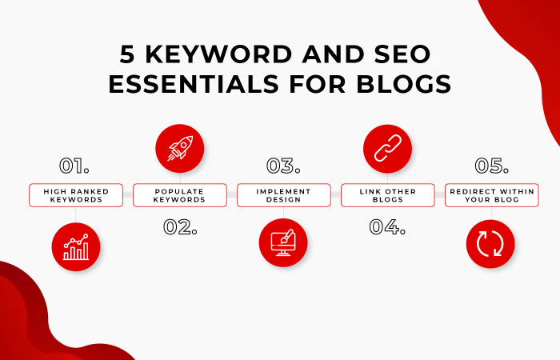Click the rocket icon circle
click(x=179, y=149)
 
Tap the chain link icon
click(x=387, y=149)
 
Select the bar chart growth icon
click(x=75, y=246)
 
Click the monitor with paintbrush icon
click(x=283, y=243)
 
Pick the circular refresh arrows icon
click(x=490, y=244)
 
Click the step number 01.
click(x=74, y=166)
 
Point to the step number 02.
click(x=180, y=226)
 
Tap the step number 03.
click(x=283, y=166)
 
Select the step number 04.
click(x=387, y=226)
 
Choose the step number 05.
click(x=491, y=166)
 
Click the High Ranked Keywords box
click(x=75, y=195)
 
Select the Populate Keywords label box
click(x=179, y=195)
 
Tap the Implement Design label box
click(x=283, y=195)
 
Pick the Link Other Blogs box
click(x=387, y=195)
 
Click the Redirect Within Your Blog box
click(x=491, y=195)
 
